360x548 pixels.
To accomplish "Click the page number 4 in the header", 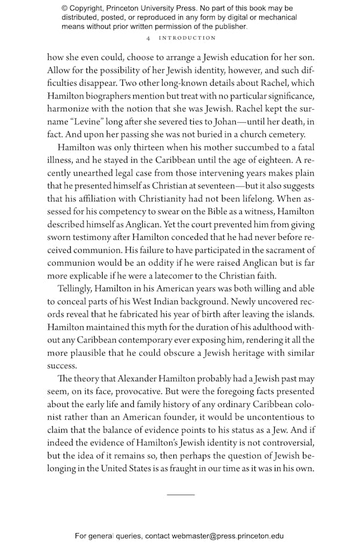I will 148,38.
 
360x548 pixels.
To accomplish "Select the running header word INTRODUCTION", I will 187,38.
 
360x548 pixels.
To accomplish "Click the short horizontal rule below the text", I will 181,495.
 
